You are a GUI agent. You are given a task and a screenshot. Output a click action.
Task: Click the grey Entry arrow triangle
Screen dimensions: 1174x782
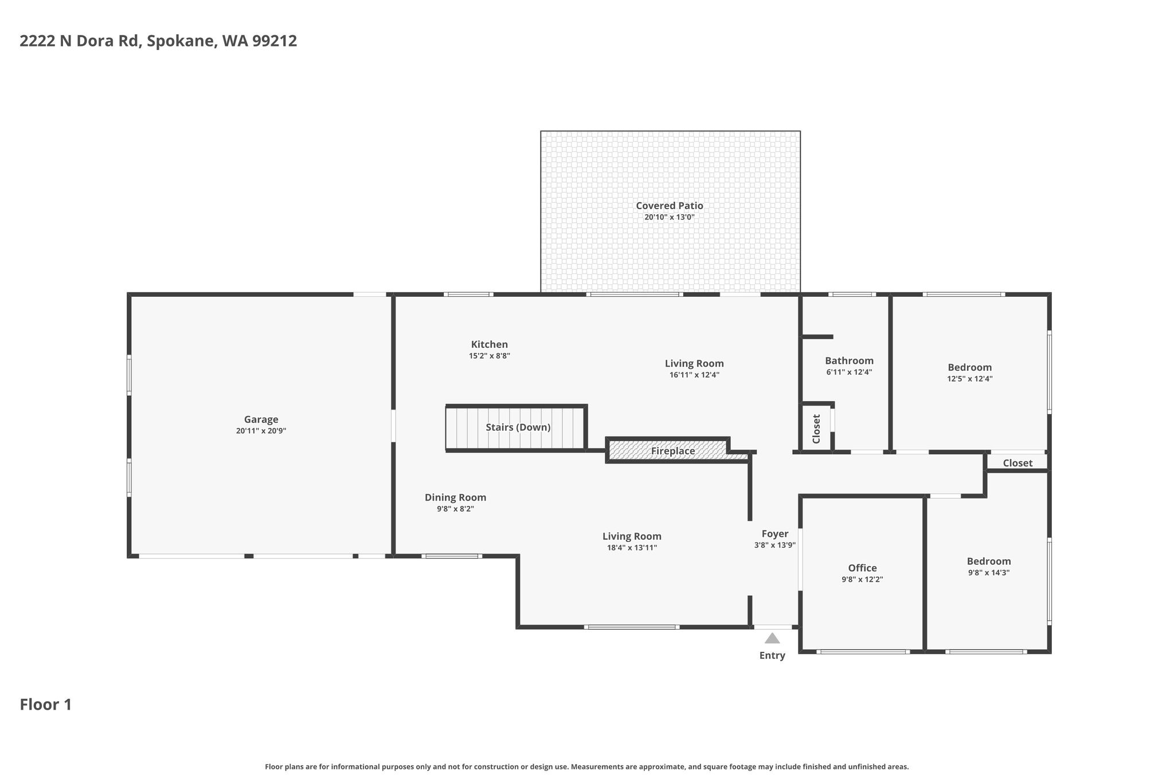(x=772, y=638)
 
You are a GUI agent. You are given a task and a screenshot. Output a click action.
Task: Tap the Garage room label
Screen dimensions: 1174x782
(x=261, y=420)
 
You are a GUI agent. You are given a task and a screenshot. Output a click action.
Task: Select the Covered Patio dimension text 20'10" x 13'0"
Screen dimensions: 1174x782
(x=670, y=218)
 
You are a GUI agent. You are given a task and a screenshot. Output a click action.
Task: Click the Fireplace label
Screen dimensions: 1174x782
(x=673, y=451)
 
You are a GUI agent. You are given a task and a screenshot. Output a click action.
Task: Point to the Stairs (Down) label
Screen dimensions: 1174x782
(x=518, y=427)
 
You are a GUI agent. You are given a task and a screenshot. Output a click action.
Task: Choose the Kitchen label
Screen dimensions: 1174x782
(x=490, y=344)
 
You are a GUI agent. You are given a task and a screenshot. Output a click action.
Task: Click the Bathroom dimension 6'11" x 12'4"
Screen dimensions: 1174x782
(x=849, y=372)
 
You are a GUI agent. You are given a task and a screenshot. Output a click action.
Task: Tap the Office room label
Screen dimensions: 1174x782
(x=862, y=568)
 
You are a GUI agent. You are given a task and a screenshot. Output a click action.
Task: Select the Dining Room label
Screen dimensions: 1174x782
(x=455, y=497)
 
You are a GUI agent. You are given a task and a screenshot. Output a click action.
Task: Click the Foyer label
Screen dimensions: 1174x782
(x=774, y=534)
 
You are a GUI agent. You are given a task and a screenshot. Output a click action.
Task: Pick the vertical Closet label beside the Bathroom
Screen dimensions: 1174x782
(x=817, y=429)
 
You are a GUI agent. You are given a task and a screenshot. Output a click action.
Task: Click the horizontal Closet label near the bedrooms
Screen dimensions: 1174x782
(x=1018, y=463)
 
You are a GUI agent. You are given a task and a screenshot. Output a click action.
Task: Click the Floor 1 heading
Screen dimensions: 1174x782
(x=46, y=705)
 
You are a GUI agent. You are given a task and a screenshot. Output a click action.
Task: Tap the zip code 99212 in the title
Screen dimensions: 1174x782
(x=275, y=41)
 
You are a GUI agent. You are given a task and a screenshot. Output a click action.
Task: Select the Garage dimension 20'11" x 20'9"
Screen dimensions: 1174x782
(x=261, y=431)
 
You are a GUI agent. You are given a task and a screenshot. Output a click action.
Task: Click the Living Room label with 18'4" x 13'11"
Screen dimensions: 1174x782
(x=632, y=536)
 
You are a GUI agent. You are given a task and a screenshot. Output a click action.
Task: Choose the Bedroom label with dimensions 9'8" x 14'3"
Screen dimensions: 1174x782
(x=989, y=561)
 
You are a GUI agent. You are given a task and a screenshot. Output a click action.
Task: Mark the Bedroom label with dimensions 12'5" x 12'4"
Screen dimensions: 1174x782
(x=969, y=367)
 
